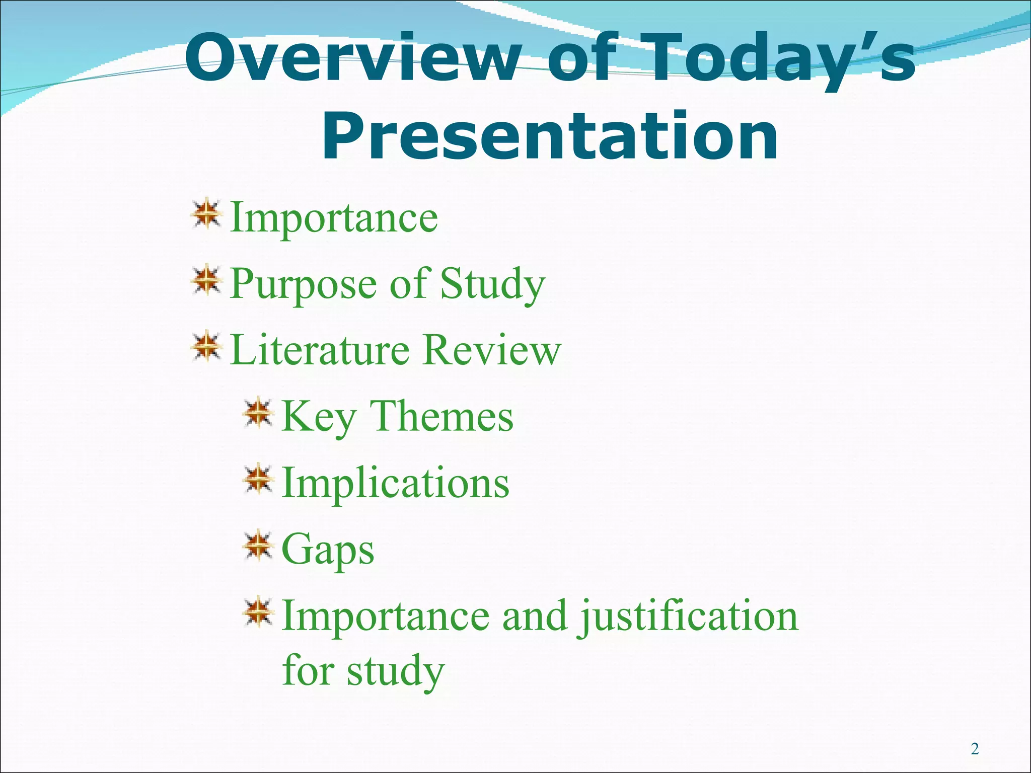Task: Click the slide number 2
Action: [x=975, y=749]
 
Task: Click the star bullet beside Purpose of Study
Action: [x=206, y=282]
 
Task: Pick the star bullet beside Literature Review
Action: [x=206, y=347]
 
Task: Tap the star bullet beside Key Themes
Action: [x=258, y=414]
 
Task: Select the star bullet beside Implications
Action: [x=258, y=480]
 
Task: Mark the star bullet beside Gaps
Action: [x=258, y=546]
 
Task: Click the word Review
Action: [x=491, y=349]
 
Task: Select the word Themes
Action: [x=441, y=416]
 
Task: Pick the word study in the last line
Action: [x=395, y=671]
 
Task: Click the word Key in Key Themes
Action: [x=319, y=417]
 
